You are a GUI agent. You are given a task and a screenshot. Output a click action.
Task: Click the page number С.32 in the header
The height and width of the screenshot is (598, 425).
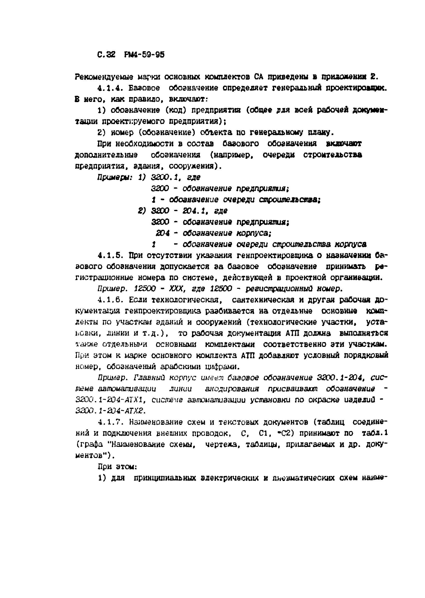pos(106,55)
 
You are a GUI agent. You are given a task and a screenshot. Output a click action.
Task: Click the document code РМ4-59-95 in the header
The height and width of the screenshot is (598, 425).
pos(144,55)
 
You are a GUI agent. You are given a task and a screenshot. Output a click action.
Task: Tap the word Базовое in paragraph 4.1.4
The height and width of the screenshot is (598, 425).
pos(144,88)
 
